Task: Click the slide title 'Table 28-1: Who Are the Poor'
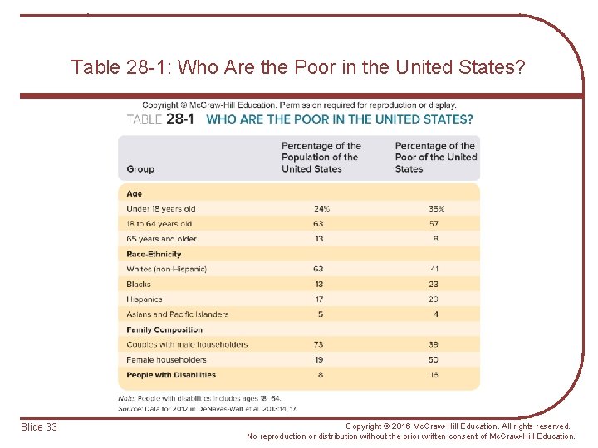click(298, 67)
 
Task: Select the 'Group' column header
click(140, 169)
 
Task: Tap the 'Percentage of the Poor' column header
click(435, 157)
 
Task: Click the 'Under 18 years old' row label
click(161, 209)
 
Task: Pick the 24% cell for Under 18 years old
click(321, 209)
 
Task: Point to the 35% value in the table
click(436, 209)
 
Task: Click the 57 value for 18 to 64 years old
click(434, 224)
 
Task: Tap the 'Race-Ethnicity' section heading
click(154, 254)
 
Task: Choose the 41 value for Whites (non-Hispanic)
click(434, 269)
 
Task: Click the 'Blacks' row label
click(139, 285)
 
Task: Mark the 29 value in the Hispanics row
click(434, 299)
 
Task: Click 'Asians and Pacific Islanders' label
click(178, 314)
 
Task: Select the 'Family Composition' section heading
click(164, 329)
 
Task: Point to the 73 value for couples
click(318, 344)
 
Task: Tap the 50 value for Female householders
click(434, 360)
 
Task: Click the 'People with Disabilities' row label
click(171, 375)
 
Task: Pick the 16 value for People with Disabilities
click(434, 375)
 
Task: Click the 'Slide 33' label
click(39, 427)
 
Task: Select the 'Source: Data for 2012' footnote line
click(208, 409)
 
